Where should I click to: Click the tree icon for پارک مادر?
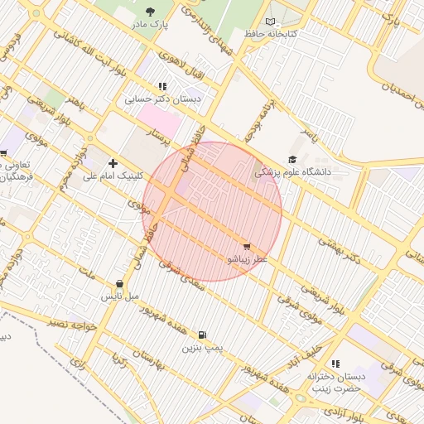[x=149, y=12]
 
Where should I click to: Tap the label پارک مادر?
[x=149, y=25]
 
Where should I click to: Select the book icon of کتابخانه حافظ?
[x=271, y=22]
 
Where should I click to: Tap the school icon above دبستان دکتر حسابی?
[x=162, y=86]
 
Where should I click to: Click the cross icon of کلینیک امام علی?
[x=113, y=163]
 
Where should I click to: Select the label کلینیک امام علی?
[x=114, y=176]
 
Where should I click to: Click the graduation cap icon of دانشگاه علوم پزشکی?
[x=291, y=160]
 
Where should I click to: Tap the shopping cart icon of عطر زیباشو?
[x=247, y=247]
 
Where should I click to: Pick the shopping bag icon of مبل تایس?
[x=120, y=283]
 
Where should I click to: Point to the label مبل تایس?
[x=120, y=296]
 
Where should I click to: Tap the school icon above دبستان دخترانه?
[x=335, y=364]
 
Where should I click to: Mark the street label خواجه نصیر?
[x=75, y=324]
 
